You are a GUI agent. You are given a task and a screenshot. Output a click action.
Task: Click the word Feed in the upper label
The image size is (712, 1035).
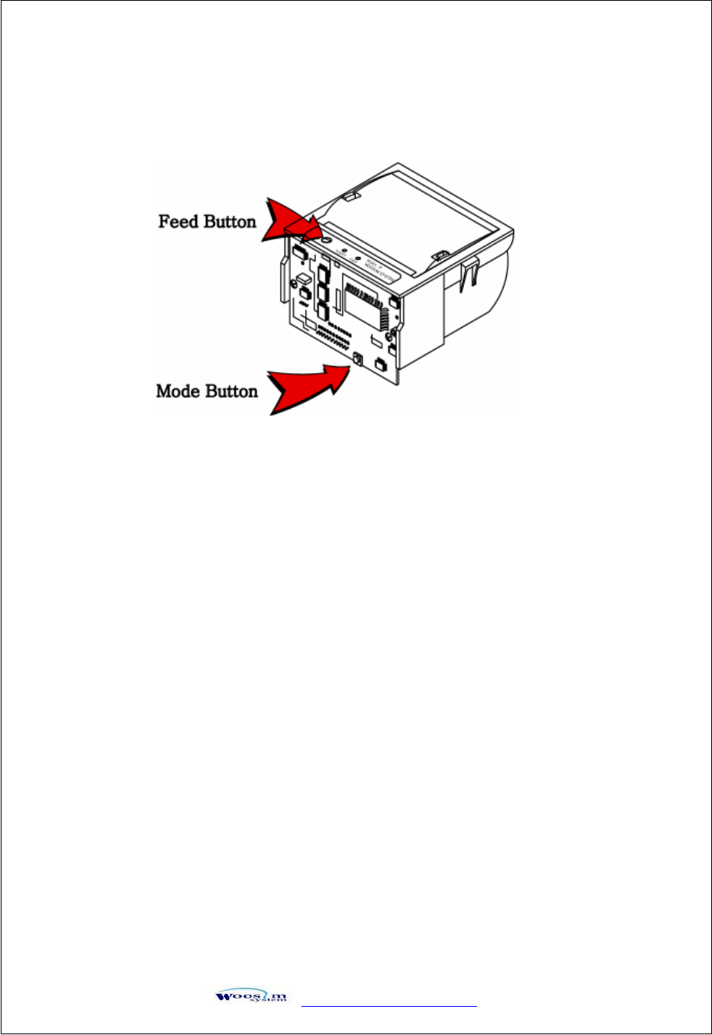[179, 222]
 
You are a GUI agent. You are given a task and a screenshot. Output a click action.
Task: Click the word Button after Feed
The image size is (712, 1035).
[228, 222]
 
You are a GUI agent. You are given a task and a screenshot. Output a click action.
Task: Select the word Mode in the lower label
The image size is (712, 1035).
[177, 391]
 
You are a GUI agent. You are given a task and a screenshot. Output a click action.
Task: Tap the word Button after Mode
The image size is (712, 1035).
[228, 391]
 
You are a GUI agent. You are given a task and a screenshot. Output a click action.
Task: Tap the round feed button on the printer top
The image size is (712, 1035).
[324, 239]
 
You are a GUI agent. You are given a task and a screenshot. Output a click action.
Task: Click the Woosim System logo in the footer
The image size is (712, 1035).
[251, 995]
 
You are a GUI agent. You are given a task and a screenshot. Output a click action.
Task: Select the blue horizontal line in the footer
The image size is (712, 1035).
[389, 1006]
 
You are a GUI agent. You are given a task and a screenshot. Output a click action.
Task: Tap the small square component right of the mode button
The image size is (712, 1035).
[380, 364]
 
